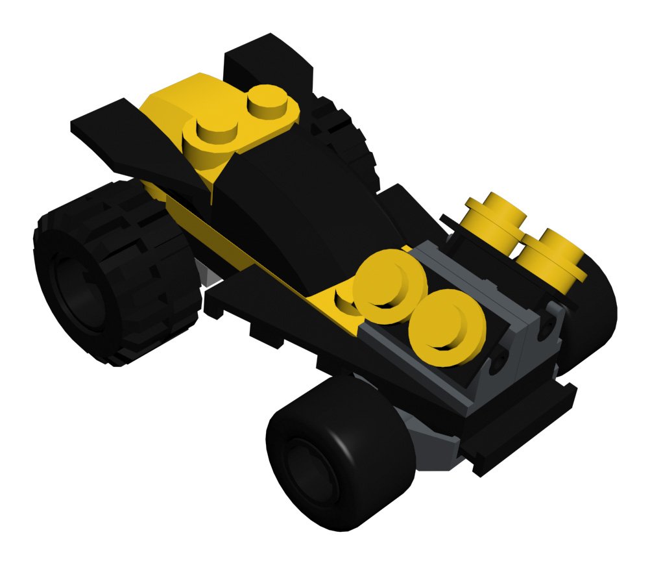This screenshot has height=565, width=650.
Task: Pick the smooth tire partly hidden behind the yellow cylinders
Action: point(594,312)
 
